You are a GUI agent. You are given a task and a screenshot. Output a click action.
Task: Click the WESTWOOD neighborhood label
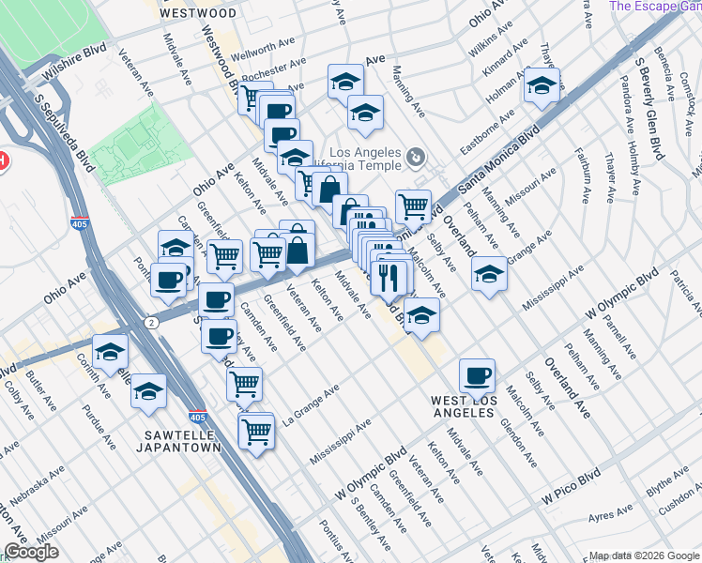pos(198,13)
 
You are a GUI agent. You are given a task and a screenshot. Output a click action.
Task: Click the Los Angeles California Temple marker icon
pos(418,155)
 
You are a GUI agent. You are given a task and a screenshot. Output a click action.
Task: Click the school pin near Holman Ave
pos(542,85)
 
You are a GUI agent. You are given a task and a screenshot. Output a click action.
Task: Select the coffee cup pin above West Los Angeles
pos(477,375)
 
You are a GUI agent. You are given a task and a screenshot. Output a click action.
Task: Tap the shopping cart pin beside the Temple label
pos(413,205)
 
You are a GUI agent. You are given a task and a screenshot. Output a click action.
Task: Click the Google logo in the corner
pos(31,552)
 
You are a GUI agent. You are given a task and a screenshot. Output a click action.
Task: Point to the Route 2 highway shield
pos(151,322)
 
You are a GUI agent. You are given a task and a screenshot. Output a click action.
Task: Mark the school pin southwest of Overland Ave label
pos(489,275)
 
